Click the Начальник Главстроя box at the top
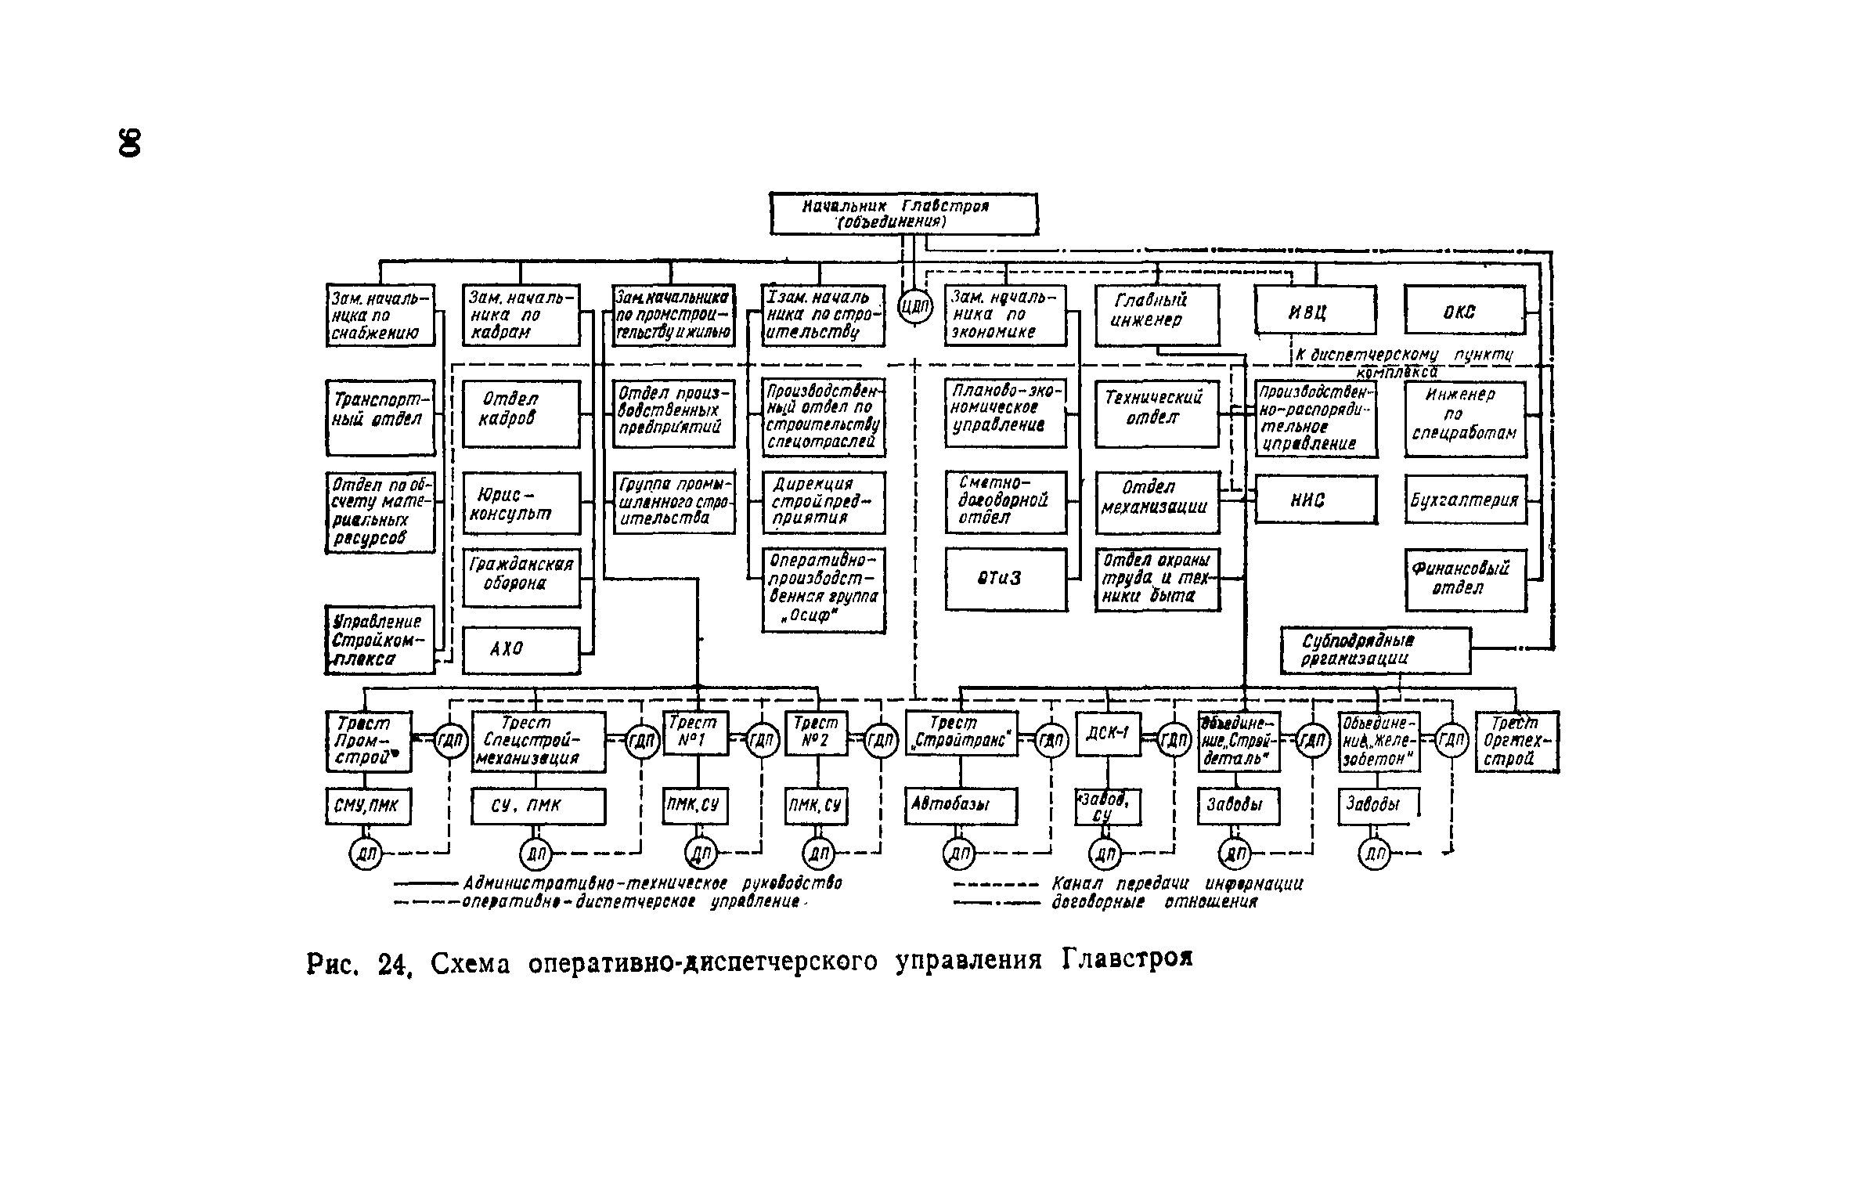pyautogui.click(x=903, y=214)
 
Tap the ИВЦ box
pyautogui.click(x=1315, y=311)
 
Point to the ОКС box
pyautogui.click(x=1465, y=311)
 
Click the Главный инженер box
pyautogui.click(x=1156, y=315)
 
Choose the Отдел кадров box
pyautogui.click(x=521, y=413)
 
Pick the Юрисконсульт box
pyautogui.click(x=521, y=504)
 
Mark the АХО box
pyautogui.click(x=521, y=649)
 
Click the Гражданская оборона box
pyautogui.click(x=521, y=577)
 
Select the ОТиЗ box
pyautogui.click(x=1005, y=579)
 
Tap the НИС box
pyautogui.click(x=1315, y=500)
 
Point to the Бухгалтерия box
pyautogui.click(x=1465, y=500)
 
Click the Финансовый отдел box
pyautogui.click(x=1465, y=579)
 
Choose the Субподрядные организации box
pyautogui.click(x=1375, y=650)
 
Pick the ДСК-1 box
pyautogui.click(x=1107, y=734)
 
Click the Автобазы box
pyautogui.click(x=961, y=806)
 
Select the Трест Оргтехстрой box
pyautogui.click(x=1516, y=741)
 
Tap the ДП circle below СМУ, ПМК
pyautogui.click(x=365, y=854)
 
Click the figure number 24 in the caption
pyautogui.click(x=394, y=965)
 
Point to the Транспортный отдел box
pyautogui.click(x=380, y=417)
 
